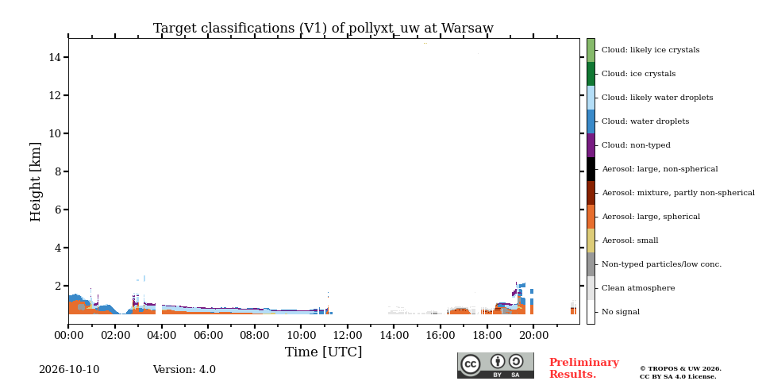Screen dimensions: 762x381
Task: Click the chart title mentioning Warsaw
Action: pos(323,29)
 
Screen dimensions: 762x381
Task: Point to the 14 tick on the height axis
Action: pos(55,57)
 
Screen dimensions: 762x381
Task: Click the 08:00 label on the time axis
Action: pos(255,335)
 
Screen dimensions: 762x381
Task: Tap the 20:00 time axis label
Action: pos(533,335)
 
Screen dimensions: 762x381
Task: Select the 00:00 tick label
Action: pos(68,335)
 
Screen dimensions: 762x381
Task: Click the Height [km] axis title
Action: pos(36,182)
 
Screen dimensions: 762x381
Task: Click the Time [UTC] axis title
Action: pos(324,352)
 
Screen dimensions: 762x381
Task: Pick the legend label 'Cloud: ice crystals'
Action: pos(638,74)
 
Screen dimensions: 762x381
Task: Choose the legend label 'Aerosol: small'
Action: pos(630,241)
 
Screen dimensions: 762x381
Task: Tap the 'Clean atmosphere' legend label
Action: pos(638,288)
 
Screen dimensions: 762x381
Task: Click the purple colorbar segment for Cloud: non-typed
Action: pos(591,145)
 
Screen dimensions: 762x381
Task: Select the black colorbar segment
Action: pos(591,169)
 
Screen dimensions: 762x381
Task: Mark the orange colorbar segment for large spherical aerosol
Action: pos(591,217)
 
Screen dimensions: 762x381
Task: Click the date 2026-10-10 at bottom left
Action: pos(69,370)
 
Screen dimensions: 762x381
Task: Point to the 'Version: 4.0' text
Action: pos(184,370)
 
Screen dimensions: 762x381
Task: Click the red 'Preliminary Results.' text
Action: pos(584,368)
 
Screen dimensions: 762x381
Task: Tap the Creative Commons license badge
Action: pos(495,365)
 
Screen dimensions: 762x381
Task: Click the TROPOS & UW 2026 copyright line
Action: pos(680,369)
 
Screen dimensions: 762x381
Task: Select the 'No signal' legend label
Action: pos(621,312)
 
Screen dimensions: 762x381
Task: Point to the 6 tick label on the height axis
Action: pos(58,210)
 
